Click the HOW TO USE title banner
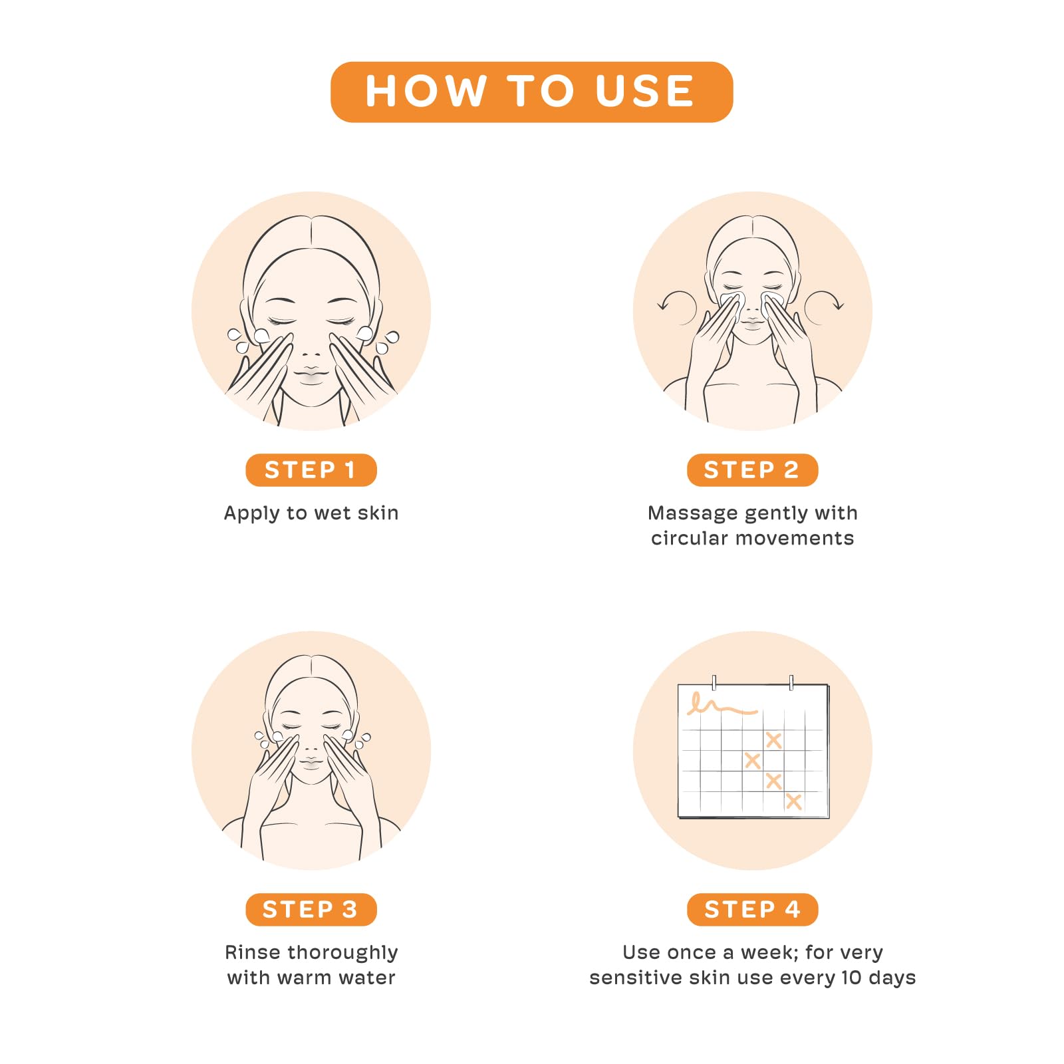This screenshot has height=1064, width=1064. click(x=531, y=92)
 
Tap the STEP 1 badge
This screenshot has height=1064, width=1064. click(x=311, y=470)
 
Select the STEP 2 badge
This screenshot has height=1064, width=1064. click(x=752, y=470)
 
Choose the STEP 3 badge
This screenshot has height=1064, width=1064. click(x=311, y=909)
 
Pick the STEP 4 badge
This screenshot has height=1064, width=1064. click(x=752, y=909)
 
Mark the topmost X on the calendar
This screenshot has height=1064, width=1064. click(x=773, y=739)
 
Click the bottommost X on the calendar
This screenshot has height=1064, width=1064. click(x=793, y=801)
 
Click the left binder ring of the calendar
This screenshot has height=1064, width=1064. click(x=714, y=683)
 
